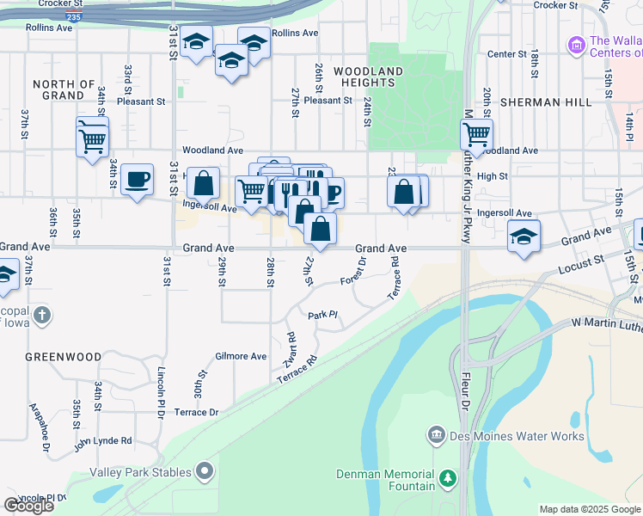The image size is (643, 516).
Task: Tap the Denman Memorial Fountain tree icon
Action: pos(446,477)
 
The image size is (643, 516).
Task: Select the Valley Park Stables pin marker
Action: pos(205,470)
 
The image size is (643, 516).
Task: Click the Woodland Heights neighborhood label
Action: pos(368,77)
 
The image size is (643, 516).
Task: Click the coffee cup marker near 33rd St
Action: pos(137,180)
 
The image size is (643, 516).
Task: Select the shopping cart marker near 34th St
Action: pos(93,137)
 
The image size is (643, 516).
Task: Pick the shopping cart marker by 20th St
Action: pos(476,134)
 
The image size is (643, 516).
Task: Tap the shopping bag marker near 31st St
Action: pos(203,183)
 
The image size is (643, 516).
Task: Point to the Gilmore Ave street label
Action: pos(241,356)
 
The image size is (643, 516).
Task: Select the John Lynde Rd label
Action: pos(102,441)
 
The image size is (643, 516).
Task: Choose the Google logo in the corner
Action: pos(28,506)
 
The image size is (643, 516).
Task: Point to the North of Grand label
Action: pos(64,89)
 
